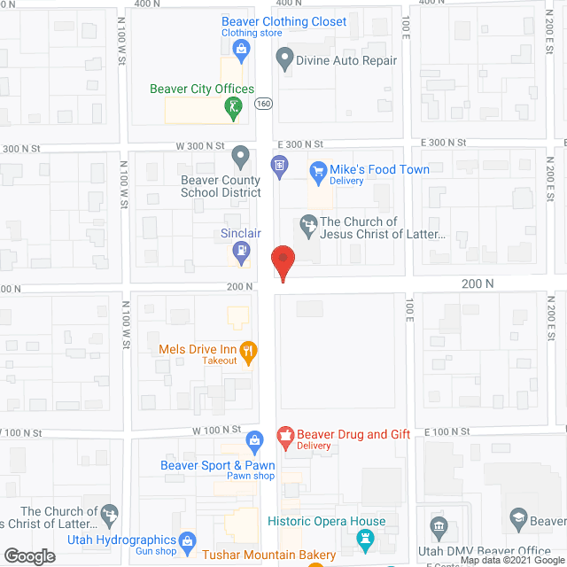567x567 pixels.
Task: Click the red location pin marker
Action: tap(283, 262)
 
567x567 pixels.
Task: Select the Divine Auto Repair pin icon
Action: tap(284, 61)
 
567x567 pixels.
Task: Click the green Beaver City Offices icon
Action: tap(233, 109)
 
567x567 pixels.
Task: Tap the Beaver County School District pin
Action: tap(240, 158)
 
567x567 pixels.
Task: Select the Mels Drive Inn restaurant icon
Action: tap(250, 353)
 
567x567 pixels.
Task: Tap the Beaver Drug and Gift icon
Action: tap(285, 435)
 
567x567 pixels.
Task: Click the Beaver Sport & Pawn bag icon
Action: tap(254, 439)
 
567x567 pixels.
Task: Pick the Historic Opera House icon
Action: tap(364, 538)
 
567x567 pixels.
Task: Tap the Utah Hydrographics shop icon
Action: tap(187, 540)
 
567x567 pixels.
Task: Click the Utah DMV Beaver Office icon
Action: tap(438, 529)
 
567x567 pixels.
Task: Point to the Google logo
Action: tap(28, 555)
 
